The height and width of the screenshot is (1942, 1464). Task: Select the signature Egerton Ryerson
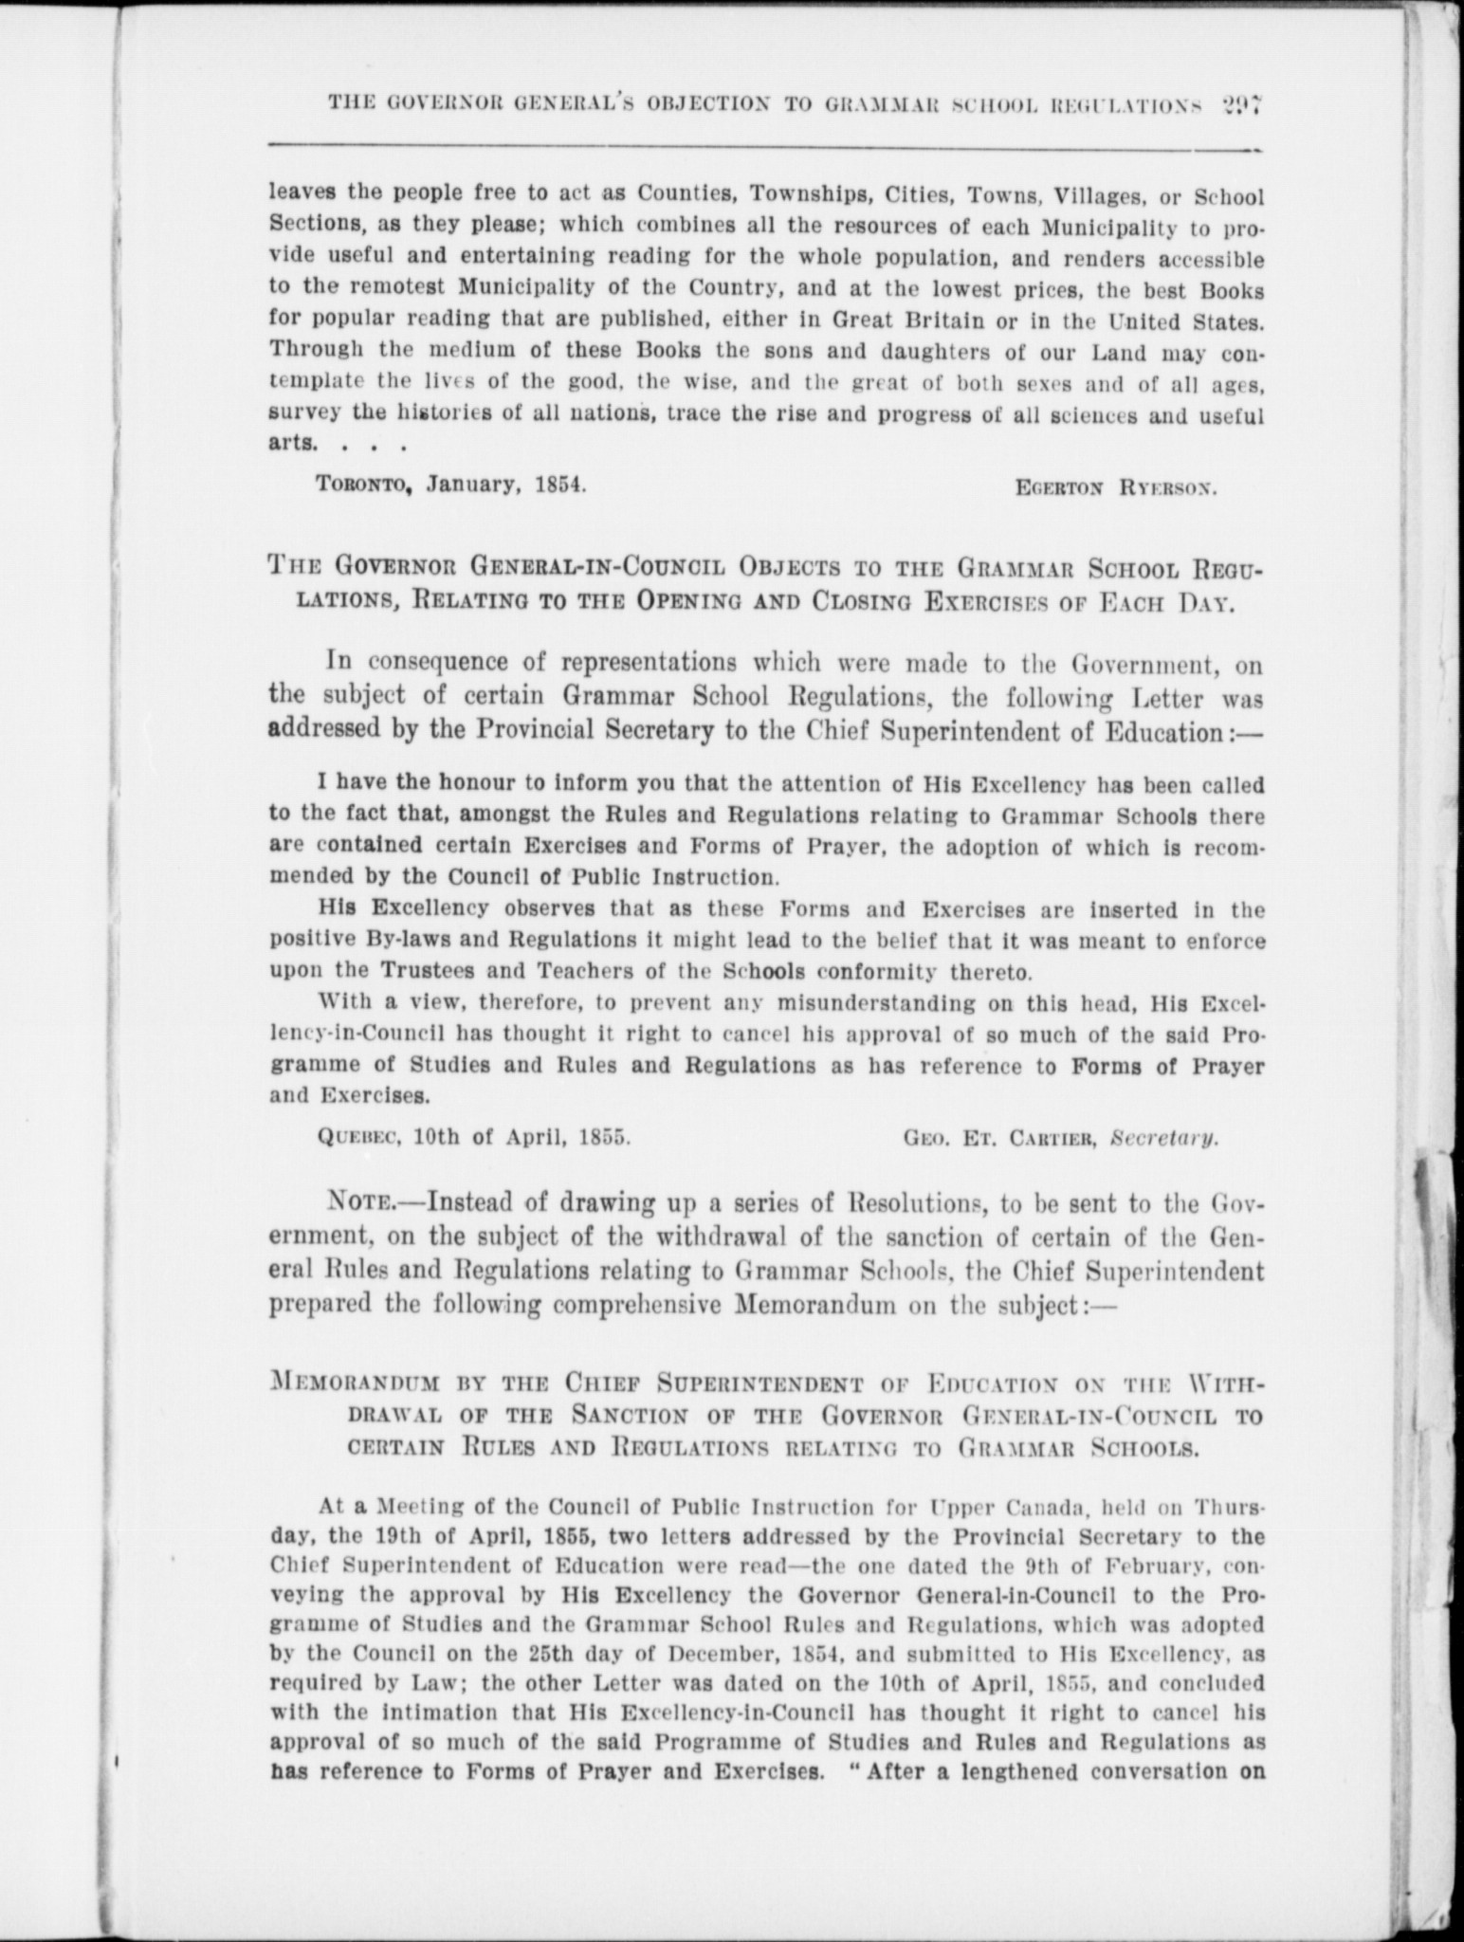coord(1115,489)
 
